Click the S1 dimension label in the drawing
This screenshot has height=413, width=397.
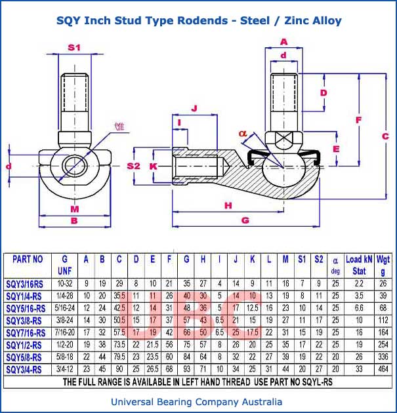point(74,47)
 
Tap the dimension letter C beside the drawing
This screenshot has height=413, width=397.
point(385,135)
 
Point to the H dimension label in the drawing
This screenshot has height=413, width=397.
point(228,205)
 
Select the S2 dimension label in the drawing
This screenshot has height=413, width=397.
point(134,166)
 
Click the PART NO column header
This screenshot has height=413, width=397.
point(28,259)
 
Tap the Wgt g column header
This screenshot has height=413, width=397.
point(383,264)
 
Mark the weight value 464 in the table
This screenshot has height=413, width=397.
point(383,369)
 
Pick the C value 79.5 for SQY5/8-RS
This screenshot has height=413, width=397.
point(119,357)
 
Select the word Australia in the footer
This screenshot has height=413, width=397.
point(261,402)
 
